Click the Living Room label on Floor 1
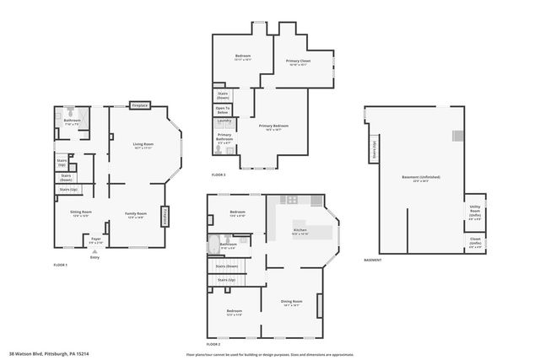[x=142, y=144]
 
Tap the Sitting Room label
[x=81, y=212]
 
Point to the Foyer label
[x=96, y=239]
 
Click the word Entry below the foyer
[x=94, y=256]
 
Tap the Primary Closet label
[x=300, y=61]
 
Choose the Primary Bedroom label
[x=276, y=126]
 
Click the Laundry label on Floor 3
[x=224, y=120]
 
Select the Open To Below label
[x=223, y=109]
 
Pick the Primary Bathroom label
[x=224, y=136]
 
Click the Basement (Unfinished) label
[x=420, y=177]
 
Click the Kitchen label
[x=300, y=229]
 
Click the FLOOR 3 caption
[x=219, y=174]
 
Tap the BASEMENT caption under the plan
[x=372, y=260]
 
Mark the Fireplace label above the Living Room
[x=139, y=105]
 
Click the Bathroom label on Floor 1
[x=72, y=120]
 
